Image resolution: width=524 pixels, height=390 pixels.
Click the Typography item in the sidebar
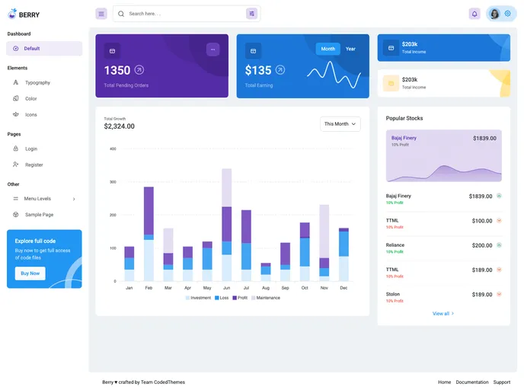pyautogui.click(x=37, y=82)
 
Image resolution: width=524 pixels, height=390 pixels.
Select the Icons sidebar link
pyautogui.click(x=31, y=114)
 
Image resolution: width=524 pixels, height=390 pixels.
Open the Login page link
pyautogui.click(x=31, y=149)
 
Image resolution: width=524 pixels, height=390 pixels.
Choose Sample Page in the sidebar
pyautogui.click(x=39, y=215)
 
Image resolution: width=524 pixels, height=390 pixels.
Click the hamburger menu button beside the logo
pyautogui.click(x=101, y=14)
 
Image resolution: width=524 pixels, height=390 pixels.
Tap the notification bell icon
pyautogui.click(x=474, y=14)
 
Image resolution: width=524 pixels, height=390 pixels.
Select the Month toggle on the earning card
pyautogui.click(x=327, y=49)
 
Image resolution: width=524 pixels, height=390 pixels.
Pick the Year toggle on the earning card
pyautogui.click(x=350, y=49)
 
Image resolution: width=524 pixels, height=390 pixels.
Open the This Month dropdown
pyautogui.click(x=340, y=123)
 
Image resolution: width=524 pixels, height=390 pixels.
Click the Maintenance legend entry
pyautogui.click(x=266, y=298)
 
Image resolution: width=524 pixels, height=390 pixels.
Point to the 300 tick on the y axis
pyautogui.click(x=112, y=182)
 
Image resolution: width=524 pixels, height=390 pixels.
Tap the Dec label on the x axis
pyautogui.click(x=343, y=288)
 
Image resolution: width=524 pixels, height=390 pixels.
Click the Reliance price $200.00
pyautogui.click(x=482, y=245)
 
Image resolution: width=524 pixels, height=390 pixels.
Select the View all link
pyautogui.click(x=443, y=314)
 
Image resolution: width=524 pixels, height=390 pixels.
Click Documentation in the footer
pyautogui.click(x=472, y=382)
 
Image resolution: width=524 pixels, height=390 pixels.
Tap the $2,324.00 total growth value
pyautogui.click(x=119, y=126)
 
